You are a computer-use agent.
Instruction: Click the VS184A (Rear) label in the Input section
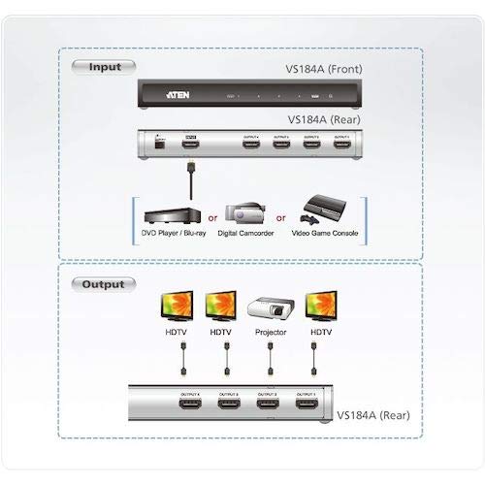(326, 120)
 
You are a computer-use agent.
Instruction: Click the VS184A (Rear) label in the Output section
(373, 416)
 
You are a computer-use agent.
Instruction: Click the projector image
(271, 307)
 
